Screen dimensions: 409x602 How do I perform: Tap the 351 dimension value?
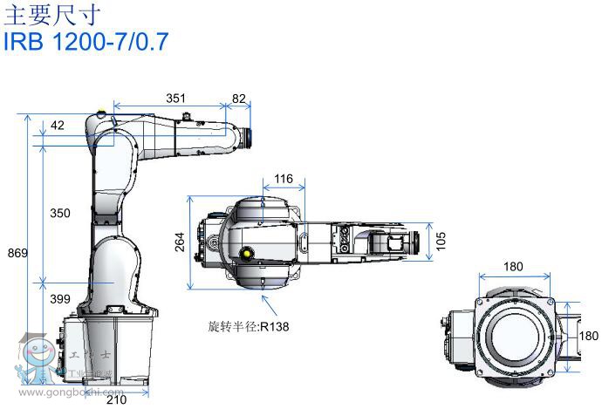click(175, 99)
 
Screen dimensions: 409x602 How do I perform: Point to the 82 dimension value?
click(238, 99)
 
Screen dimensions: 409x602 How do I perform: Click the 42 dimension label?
click(58, 126)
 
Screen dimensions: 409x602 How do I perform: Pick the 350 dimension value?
click(60, 213)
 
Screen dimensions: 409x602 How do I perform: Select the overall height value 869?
click(17, 253)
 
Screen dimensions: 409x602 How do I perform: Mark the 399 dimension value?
click(60, 299)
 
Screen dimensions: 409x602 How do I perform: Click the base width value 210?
click(117, 399)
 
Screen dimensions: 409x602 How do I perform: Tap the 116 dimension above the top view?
click(284, 179)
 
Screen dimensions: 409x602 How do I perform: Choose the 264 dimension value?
click(178, 241)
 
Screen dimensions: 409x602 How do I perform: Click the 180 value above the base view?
click(515, 267)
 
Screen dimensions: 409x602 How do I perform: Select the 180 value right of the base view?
click(590, 336)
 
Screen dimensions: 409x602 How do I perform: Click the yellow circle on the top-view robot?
click(247, 254)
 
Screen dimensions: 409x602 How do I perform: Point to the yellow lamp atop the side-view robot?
click(102, 112)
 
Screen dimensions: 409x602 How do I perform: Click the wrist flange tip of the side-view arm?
click(250, 136)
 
